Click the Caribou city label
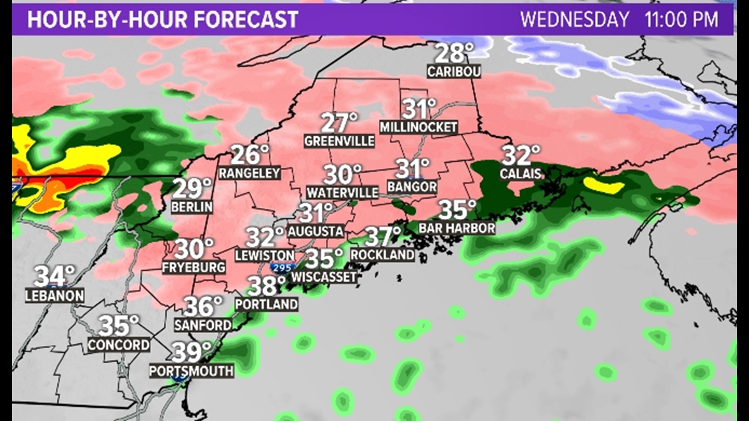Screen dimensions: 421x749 454,72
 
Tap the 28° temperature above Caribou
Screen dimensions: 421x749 454,54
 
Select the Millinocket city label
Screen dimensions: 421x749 418,127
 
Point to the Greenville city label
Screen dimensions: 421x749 339,141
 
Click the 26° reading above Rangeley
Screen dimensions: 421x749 250,155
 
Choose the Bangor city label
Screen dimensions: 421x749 412,187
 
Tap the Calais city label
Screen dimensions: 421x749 520,174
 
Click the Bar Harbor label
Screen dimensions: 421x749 457,228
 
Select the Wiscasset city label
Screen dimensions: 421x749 324,277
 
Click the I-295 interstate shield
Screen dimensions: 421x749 282,268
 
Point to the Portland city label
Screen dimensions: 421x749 267,304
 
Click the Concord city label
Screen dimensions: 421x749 119,345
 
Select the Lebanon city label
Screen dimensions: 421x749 55,296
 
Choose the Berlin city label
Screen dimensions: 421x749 192,207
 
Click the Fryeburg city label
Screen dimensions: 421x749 194,267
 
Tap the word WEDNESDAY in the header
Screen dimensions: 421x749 575,19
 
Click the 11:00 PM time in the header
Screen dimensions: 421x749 681,19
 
